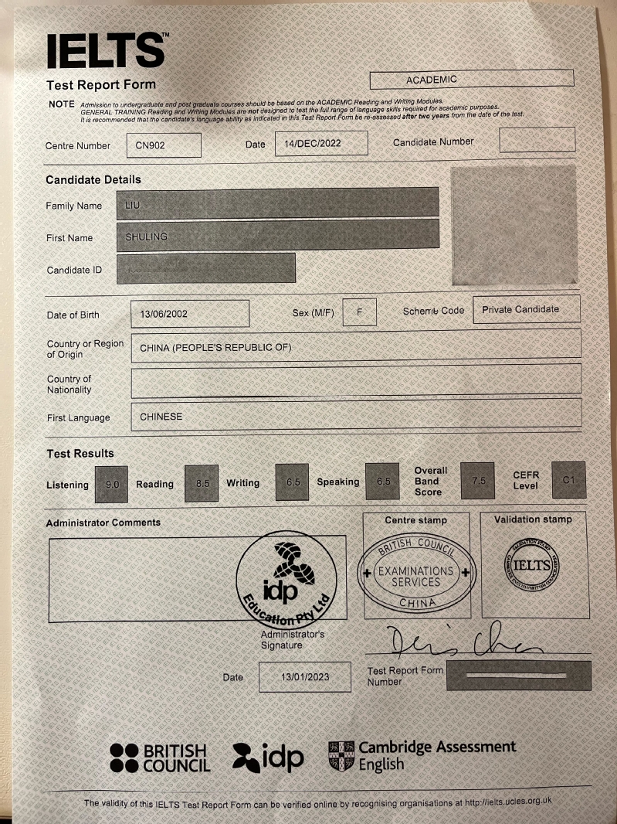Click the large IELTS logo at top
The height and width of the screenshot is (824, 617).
[x=106, y=51]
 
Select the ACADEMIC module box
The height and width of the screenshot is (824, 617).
[x=472, y=79]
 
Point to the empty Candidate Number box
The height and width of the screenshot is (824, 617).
[x=537, y=140]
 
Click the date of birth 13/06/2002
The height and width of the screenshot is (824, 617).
[x=190, y=314]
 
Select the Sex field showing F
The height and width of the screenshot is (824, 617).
[x=359, y=312]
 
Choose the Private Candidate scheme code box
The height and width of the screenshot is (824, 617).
[x=526, y=309]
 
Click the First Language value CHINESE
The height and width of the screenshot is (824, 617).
[x=161, y=417]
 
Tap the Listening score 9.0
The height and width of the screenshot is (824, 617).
[x=111, y=483]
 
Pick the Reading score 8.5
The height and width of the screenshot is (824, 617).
[x=202, y=483]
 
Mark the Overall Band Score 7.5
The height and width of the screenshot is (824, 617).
[x=477, y=481]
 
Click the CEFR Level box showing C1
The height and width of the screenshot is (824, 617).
[x=568, y=480]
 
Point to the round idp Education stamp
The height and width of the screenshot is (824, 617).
[x=286, y=580]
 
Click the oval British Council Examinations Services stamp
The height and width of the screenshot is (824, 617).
[x=415, y=574]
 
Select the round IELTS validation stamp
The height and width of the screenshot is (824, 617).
[x=532, y=565]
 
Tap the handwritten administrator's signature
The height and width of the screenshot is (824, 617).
[x=459, y=642]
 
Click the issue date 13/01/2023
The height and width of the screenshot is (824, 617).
[x=304, y=677]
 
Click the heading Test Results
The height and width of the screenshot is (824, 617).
[x=80, y=454]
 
